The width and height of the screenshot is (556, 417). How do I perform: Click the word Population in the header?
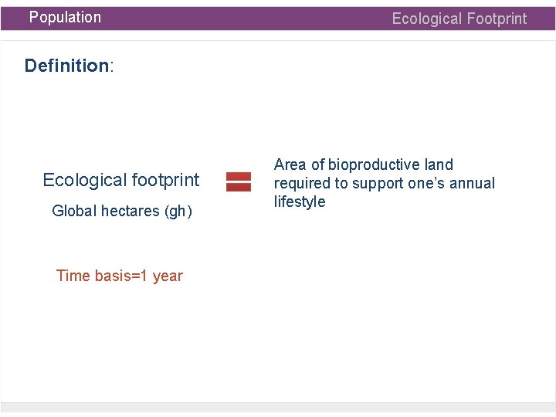pyautogui.click(x=65, y=17)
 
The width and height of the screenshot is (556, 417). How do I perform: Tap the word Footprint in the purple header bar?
pyautogui.click(x=494, y=19)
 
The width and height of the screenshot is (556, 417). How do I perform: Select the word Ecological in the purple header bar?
pyautogui.click(x=425, y=19)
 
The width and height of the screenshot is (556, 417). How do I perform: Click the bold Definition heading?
pyautogui.click(x=66, y=66)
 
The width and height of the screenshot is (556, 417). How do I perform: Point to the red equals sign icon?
pyautogui.click(x=238, y=181)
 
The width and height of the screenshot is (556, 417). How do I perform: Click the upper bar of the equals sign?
pyautogui.click(x=238, y=177)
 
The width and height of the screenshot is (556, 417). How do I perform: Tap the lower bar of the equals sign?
pyautogui.click(x=238, y=187)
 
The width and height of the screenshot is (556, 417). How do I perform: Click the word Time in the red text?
pyautogui.click(x=73, y=276)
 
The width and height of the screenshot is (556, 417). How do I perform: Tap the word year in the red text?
pyautogui.click(x=168, y=276)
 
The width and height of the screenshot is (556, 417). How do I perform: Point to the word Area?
pyautogui.click(x=290, y=164)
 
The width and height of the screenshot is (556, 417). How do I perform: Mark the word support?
pyautogui.click(x=378, y=184)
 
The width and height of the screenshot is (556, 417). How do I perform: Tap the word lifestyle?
pyautogui.click(x=300, y=202)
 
